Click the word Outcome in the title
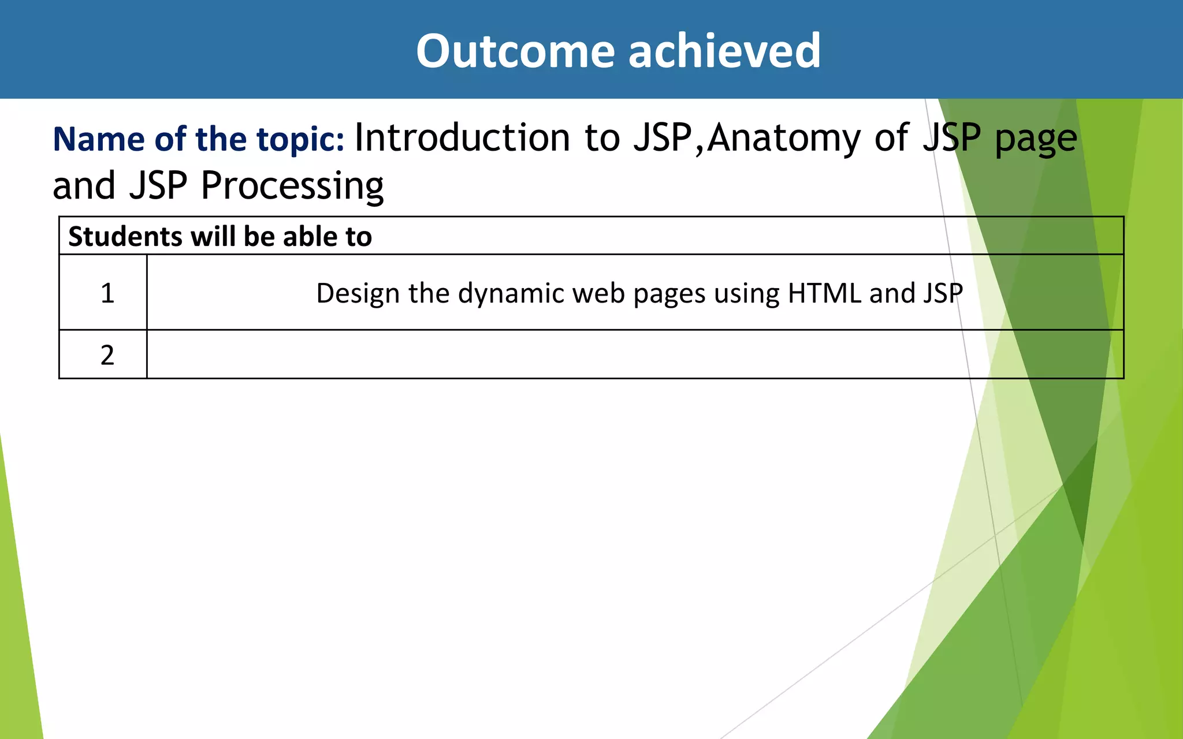(x=515, y=51)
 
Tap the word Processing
(x=292, y=186)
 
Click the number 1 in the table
(x=107, y=293)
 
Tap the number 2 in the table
(x=107, y=355)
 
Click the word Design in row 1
(x=358, y=293)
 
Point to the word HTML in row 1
(x=824, y=293)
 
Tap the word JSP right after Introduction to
(x=663, y=139)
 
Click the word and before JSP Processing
(x=84, y=186)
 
